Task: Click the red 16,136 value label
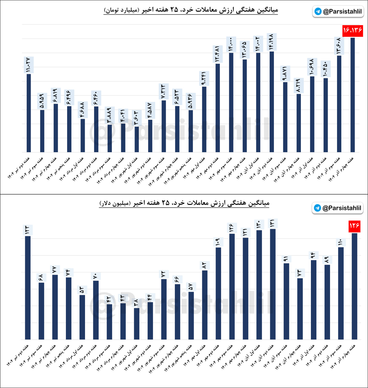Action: (x=353, y=30)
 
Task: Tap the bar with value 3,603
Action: (x=137, y=139)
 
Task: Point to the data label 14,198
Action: (x=271, y=42)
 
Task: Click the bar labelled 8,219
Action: (x=299, y=123)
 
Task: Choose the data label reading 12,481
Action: (x=217, y=54)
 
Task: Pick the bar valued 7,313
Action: (x=164, y=126)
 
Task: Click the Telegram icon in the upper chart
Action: (x=318, y=12)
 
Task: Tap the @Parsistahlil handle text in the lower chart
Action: (x=342, y=208)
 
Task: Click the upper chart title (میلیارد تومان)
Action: (x=191, y=10)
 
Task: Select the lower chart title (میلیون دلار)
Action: (x=184, y=203)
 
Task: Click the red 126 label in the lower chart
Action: (x=354, y=226)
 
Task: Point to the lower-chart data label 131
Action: (x=272, y=223)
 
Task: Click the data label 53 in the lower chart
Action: (x=82, y=290)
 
